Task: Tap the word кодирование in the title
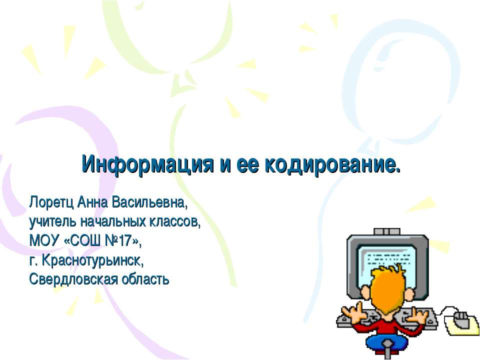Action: point(332,163)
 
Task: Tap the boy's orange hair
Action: point(388,290)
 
